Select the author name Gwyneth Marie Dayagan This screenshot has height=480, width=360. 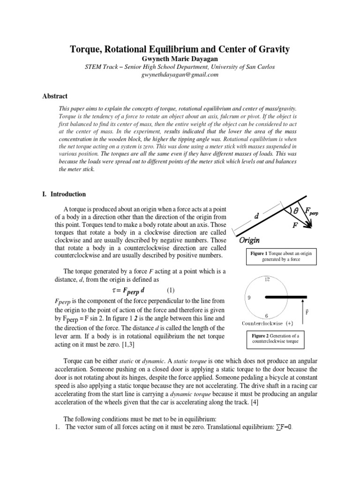coord(180,59)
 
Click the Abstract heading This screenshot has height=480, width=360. coord(55,96)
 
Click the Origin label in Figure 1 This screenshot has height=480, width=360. coord(250,240)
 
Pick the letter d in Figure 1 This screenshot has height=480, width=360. coord(256,216)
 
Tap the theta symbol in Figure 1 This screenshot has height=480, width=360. coord(296,211)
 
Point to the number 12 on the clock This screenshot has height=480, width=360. coord(267,280)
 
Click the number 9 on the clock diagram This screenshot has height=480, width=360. coord(248,298)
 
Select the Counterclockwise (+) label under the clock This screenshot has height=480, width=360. coord(267,323)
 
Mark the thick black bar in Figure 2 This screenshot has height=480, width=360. coord(286,297)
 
